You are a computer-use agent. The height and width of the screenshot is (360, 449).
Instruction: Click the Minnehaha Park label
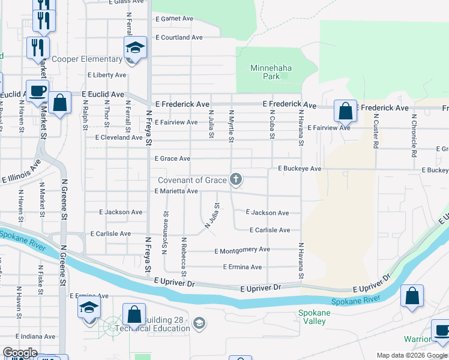(271, 72)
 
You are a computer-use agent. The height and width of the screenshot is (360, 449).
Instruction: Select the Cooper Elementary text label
(87, 59)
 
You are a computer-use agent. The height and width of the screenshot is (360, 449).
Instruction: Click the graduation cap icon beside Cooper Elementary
(136, 48)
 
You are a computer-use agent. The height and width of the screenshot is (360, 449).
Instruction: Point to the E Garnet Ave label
(174, 19)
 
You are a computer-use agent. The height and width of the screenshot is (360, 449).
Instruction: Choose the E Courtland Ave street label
(179, 37)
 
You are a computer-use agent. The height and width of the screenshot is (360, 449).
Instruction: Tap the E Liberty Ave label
(107, 75)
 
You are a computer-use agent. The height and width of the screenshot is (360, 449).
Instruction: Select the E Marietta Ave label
(176, 191)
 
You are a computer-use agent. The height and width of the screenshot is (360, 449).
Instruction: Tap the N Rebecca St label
(184, 253)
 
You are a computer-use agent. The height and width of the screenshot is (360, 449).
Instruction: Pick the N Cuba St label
(272, 124)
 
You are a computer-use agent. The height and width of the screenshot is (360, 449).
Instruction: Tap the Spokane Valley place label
(312, 317)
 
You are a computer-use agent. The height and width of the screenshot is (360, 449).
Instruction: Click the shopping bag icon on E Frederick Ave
(345, 111)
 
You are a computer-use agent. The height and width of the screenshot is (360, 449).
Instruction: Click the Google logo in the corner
(20, 353)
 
